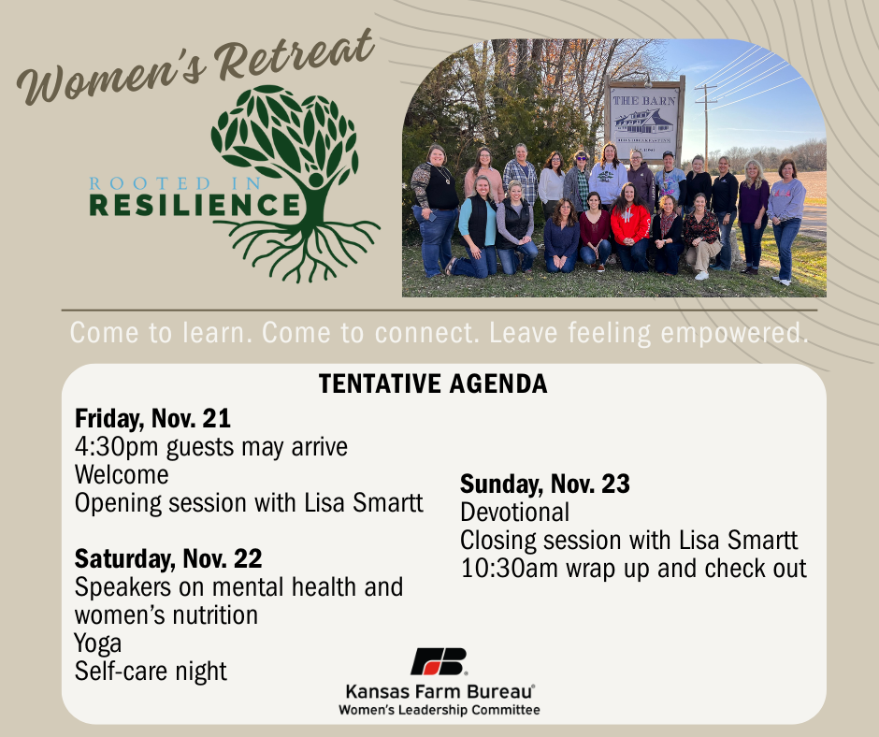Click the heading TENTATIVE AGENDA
(x=433, y=384)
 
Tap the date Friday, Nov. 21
(x=152, y=418)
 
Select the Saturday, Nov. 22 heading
(x=168, y=558)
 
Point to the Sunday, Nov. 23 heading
(x=545, y=484)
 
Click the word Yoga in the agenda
(x=97, y=643)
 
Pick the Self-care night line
(x=151, y=672)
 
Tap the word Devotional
(x=514, y=513)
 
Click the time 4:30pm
(x=117, y=447)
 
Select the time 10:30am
(x=509, y=568)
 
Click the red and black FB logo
(x=439, y=662)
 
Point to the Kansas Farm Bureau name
(x=439, y=691)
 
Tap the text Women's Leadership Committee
(x=439, y=710)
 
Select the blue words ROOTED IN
(x=175, y=183)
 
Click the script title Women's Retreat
(x=195, y=66)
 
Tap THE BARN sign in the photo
(x=644, y=119)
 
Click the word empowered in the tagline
(x=734, y=333)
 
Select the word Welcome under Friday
(x=122, y=475)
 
